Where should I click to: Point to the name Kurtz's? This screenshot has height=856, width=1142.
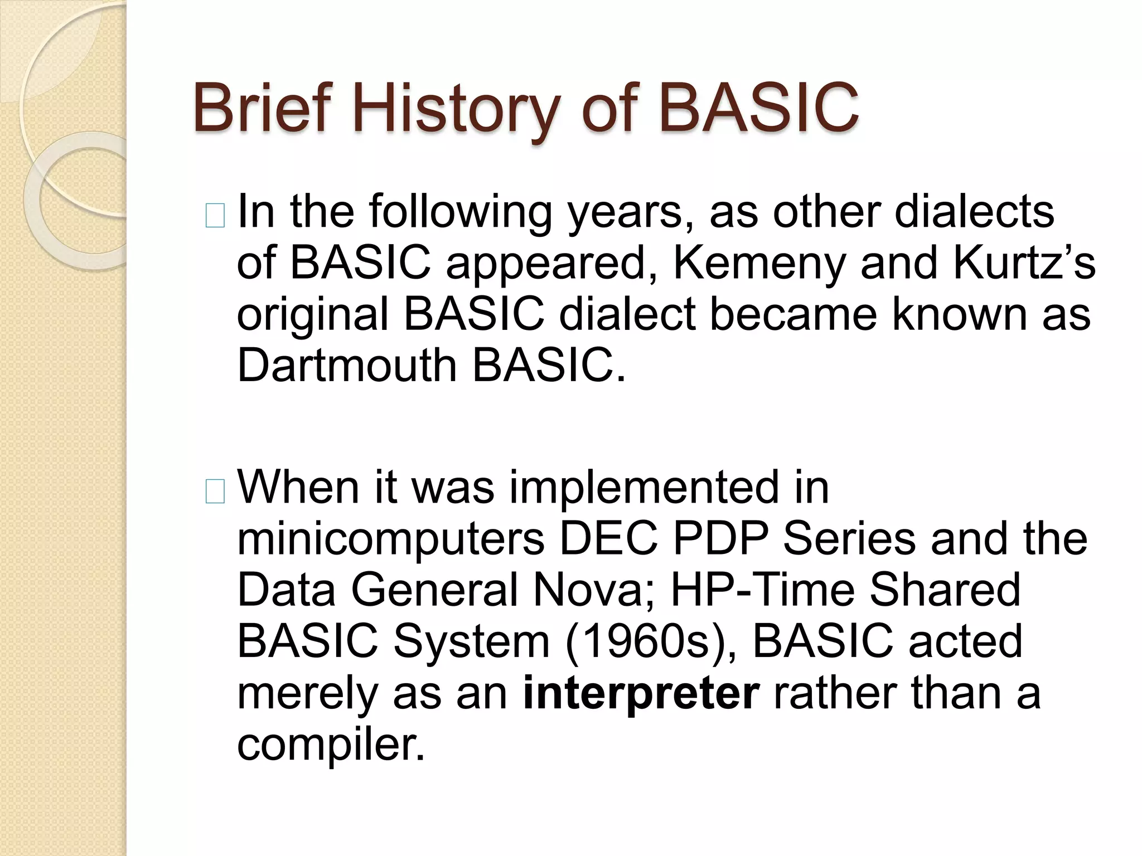1024,263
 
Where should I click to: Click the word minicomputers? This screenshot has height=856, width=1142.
390,539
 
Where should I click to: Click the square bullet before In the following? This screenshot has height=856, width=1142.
215,216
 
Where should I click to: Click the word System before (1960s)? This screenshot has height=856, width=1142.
472,641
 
